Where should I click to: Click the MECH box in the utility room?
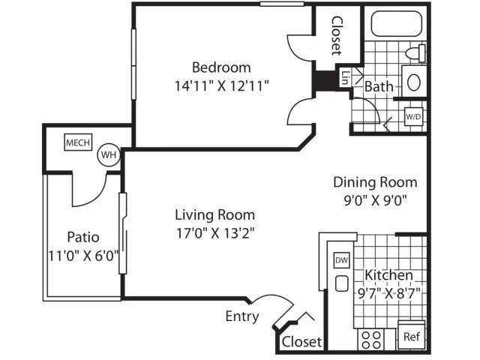(78, 142)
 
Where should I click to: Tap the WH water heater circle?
(109, 155)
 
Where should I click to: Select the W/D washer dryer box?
(413, 116)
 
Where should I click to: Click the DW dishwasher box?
(342, 260)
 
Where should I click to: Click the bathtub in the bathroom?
(397, 23)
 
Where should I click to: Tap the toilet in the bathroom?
(415, 53)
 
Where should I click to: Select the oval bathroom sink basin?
(414, 82)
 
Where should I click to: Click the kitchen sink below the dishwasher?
(342, 283)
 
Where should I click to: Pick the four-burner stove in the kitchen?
(371, 340)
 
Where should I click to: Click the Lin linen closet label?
(345, 78)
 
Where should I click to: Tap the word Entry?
(242, 316)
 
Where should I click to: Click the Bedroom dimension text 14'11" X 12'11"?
(222, 86)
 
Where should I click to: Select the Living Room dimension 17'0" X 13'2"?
(215, 233)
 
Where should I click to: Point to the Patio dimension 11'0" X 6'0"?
(83, 256)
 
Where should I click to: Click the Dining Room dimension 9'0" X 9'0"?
(375, 201)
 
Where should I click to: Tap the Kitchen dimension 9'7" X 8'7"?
(388, 294)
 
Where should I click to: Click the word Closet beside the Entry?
(301, 342)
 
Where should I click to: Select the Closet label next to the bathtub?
(337, 36)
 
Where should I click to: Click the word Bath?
(379, 86)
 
